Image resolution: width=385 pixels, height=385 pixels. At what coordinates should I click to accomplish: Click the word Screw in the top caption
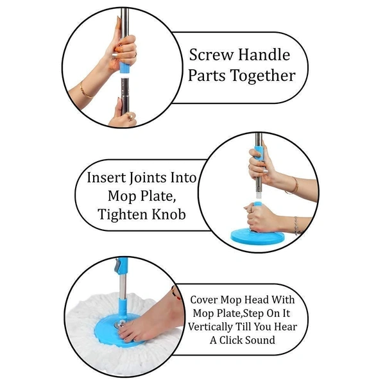211,55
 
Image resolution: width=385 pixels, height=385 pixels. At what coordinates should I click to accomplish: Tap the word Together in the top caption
264,76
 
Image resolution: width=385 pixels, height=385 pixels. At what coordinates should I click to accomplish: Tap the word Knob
170,214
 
